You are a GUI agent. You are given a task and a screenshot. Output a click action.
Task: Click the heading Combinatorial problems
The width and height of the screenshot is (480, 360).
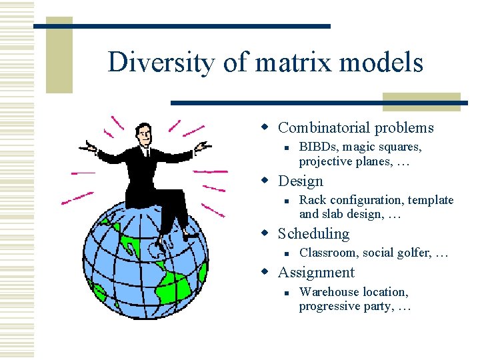click(x=355, y=128)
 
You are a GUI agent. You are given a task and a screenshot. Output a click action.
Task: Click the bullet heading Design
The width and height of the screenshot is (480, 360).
click(x=300, y=181)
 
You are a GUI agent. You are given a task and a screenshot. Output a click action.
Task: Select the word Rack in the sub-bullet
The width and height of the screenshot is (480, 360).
click(x=311, y=200)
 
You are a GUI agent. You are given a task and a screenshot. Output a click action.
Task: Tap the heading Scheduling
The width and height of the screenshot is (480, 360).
click(x=313, y=233)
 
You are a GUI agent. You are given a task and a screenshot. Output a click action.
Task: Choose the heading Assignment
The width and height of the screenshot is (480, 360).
click(x=316, y=272)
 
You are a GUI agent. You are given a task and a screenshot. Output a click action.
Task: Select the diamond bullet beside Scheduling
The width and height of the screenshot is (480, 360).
click(x=265, y=233)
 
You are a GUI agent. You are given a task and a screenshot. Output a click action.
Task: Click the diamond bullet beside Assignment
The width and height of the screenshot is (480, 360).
click(x=265, y=272)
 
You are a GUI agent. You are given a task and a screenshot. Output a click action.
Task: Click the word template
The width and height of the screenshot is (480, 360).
click(x=431, y=200)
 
